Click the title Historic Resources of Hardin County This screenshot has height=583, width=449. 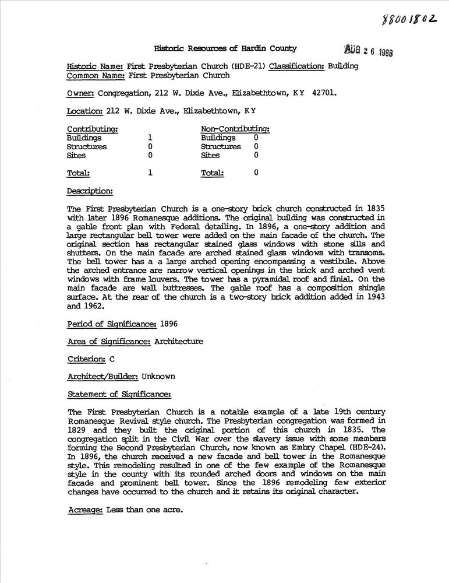[x=225, y=49]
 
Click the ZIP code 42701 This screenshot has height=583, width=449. [x=323, y=93]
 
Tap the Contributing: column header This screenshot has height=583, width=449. [x=93, y=129]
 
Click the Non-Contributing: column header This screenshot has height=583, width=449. [x=235, y=129]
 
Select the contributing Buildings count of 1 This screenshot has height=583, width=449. [x=150, y=138]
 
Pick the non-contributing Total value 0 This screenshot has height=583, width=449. [x=256, y=173]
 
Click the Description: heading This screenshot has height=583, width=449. [x=90, y=191]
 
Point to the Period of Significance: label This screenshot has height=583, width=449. [x=112, y=324]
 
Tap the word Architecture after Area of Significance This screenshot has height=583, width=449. [x=179, y=342]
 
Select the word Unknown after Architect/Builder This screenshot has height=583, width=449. [x=155, y=377]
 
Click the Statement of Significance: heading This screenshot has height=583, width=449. [x=119, y=394]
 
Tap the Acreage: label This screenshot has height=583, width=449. [x=85, y=509]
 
